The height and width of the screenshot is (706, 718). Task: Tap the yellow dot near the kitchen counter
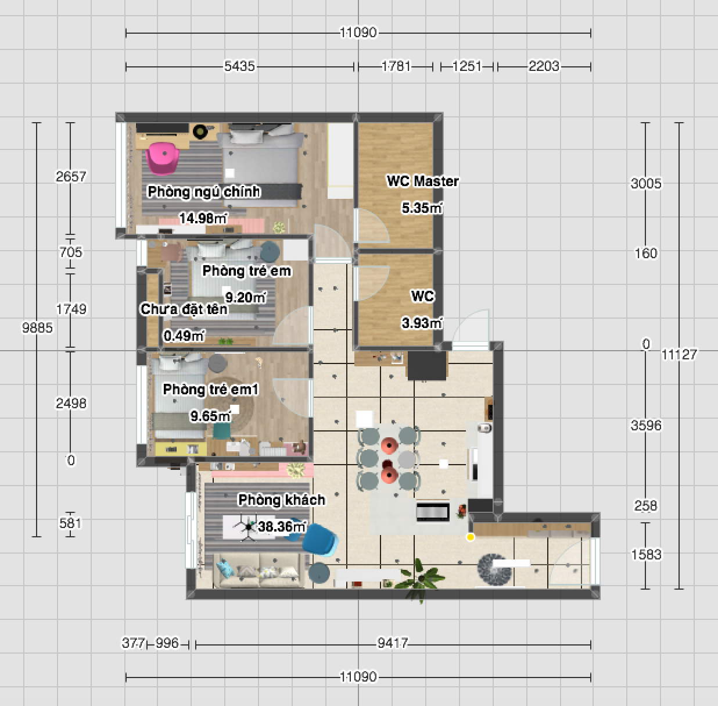(x=470, y=537)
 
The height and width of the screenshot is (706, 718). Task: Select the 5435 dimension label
(x=239, y=66)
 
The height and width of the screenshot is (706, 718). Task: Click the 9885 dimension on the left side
(x=37, y=327)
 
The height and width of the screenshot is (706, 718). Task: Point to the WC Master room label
(x=422, y=181)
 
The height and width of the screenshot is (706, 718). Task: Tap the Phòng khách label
(x=282, y=500)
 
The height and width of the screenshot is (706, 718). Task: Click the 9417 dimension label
(x=393, y=643)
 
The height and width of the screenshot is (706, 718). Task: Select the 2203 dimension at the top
(x=544, y=66)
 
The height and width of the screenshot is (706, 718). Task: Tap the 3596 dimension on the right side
(x=646, y=425)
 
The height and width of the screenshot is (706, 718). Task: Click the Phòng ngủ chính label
(x=204, y=192)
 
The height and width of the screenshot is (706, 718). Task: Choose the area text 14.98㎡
(x=203, y=218)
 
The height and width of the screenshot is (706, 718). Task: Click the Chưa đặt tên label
(x=184, y=309)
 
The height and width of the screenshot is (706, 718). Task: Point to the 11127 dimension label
(x=679, y=355)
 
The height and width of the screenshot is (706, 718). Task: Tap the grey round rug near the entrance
(x=494, y=569)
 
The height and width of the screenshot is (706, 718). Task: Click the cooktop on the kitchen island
(x=433, y=512)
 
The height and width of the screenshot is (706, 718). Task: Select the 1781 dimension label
(x=396, y=66)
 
